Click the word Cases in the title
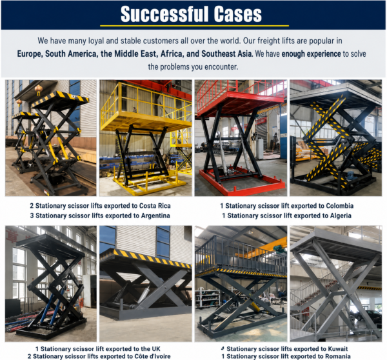tap(237, 14)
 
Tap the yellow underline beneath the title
tap(195, 26)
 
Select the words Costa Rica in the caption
tap(155, 206)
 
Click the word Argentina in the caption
tap(155, 215)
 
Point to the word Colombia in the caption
tap(340, 206)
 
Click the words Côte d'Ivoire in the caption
tap(155, 356)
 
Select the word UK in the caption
tap(156, 349)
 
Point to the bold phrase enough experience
tap(311, 54)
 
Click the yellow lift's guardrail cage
tap(146, 101)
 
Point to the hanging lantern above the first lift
tap(39, 90)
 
